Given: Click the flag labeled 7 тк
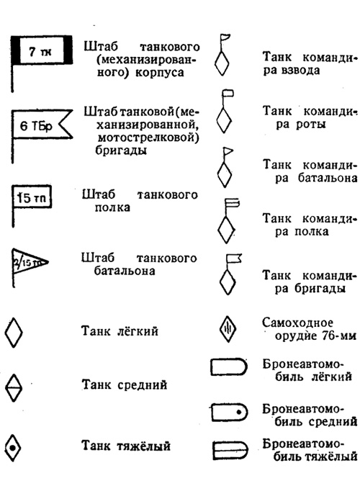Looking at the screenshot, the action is (x=42, y=50).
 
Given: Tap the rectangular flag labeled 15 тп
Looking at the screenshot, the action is (x=32, y=197).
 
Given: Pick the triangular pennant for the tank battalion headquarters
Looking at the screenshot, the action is (x=30, y=262).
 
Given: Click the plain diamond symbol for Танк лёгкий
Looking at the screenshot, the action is (x=14, y=332).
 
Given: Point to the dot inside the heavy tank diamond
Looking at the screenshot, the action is (x=13, y=448).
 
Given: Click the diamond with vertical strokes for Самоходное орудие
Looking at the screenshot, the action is (x=228, y=329).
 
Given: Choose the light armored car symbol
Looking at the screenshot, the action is (x=228, y=367).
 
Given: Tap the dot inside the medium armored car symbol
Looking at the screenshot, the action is (x=239, y=413).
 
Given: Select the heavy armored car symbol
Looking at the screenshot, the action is (x=230, y=451).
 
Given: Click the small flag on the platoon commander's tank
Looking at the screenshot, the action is (x=225, y=37).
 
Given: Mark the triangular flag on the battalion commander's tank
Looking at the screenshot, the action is (x=228, y=151).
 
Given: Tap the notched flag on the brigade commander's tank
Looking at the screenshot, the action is (x=234, y=258).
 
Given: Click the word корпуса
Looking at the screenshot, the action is (x=159, y=73).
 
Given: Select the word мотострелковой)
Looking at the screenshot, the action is (x=148, y=138).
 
